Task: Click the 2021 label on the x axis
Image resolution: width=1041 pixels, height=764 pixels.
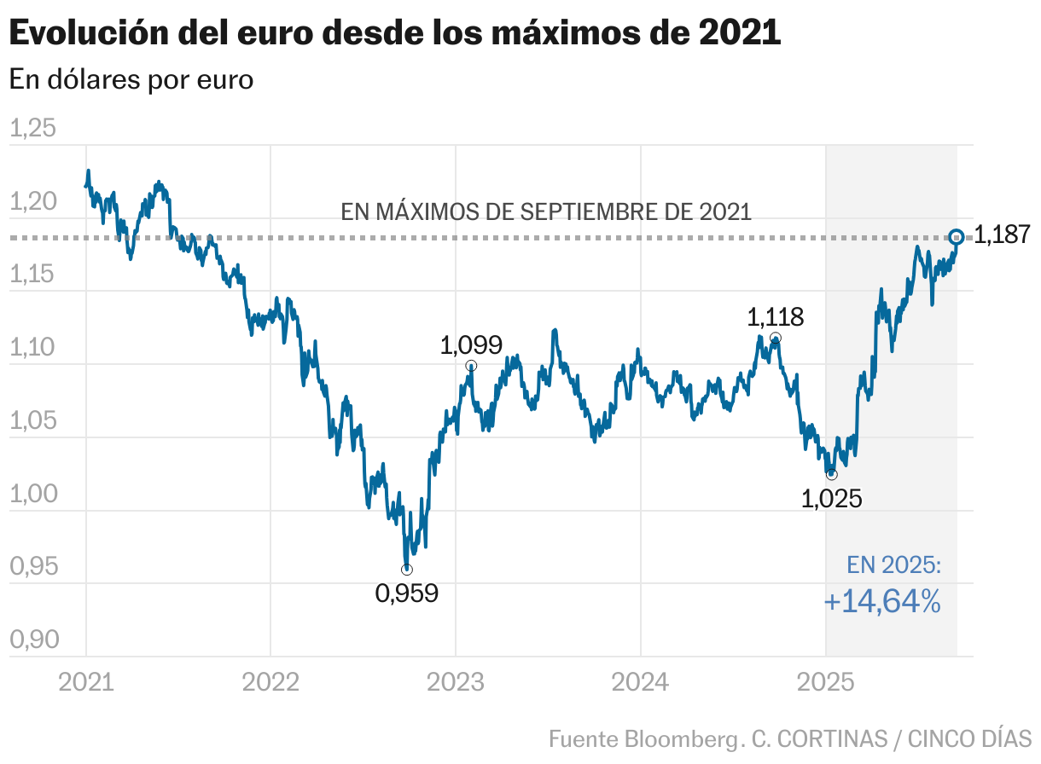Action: point(85,682)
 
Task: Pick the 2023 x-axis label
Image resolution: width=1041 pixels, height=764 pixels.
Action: point(455,682)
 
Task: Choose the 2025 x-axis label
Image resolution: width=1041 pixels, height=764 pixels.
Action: point(825,682)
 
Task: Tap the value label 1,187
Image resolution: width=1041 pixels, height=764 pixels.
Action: point(1002,235)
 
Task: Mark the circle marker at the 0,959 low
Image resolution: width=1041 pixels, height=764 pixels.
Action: point(407,570)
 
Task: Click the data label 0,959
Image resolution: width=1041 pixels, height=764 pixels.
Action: point(406,593)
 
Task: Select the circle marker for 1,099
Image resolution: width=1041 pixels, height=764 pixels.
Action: point(472,366)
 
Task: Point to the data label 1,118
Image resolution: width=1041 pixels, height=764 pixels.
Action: point(775,317)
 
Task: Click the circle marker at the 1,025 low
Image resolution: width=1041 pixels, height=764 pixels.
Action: point(832,474)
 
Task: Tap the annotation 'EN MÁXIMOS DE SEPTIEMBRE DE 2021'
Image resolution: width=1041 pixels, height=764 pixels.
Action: point(546,211)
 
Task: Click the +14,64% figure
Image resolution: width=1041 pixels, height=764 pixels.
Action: point(882,602)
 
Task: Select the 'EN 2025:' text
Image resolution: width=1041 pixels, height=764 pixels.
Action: point(893,564)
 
